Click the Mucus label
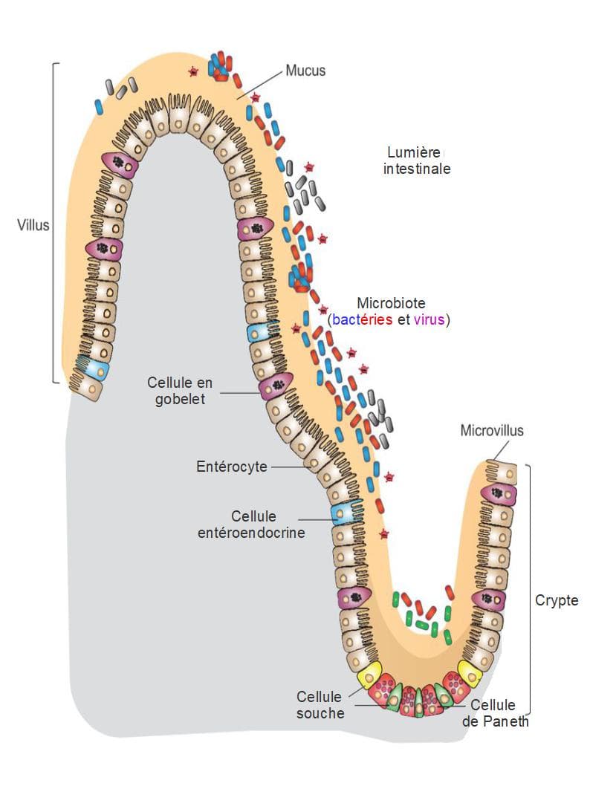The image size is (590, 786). coord(305,71)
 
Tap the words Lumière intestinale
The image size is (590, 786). coord(417,160)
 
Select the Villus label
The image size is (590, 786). coord(33,224)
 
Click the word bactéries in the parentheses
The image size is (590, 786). coord(359,320)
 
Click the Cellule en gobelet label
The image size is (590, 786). coord(180,391)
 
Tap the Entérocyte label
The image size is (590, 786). coord(232,467)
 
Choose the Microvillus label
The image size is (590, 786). coord(492,430)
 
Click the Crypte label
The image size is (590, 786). coord(557,600)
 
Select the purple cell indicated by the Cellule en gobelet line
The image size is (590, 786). coord(276,386)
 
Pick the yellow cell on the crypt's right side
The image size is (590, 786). coord(470,672)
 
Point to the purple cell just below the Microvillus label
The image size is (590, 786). coord(499,493)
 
